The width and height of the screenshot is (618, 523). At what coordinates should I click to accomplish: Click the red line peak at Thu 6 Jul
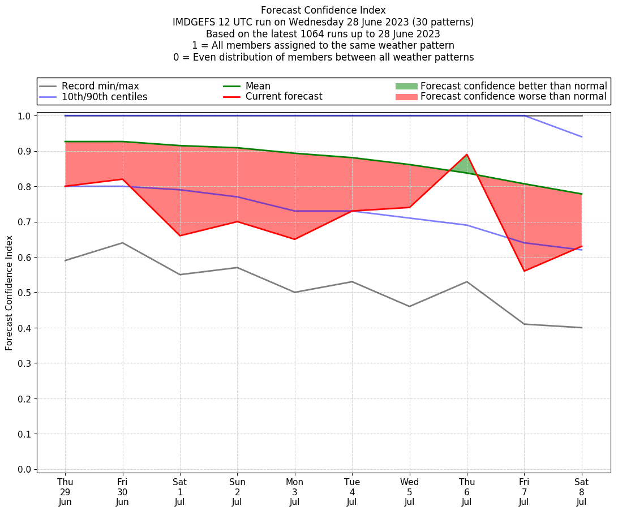click(x=467, y=155)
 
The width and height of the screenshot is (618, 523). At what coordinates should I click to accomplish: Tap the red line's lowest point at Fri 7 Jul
click(x=524, y=271)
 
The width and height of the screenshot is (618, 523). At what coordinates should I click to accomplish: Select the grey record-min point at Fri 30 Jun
click(x=122, y=243)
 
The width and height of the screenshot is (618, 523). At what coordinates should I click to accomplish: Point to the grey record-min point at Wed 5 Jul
click(x=409, y=306)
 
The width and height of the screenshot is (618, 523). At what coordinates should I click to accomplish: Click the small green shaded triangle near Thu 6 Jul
click(x=465, y=164)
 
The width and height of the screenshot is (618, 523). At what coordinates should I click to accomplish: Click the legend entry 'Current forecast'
click(x=284, y=97)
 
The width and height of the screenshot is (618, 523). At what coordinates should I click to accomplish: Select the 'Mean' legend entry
click(x=257, y=86)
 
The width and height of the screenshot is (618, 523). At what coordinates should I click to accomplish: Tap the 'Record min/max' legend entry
click(x=100, y=86)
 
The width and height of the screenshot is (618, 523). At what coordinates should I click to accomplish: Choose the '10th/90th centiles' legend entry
click(x=104, y=97)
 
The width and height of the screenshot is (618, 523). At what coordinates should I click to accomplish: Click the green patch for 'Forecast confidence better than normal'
click(x=406, y=86)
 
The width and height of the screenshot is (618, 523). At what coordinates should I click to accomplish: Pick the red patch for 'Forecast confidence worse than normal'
click(x=406, y=97)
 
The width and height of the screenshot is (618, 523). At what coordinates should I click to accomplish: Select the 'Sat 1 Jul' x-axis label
click(x=180, y=492)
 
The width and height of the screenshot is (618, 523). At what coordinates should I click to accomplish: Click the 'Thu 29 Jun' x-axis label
click(x=65, y=492)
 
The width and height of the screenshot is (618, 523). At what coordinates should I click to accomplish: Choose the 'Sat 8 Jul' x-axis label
click(x=582, y=492)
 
